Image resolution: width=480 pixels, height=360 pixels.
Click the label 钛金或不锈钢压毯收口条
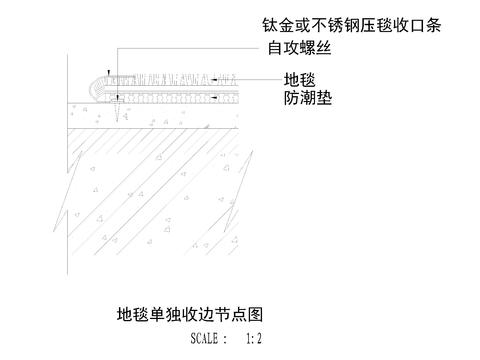point(351,24)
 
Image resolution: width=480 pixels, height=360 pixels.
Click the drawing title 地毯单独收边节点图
point(189,316)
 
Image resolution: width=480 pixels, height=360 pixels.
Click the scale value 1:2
point(253,339)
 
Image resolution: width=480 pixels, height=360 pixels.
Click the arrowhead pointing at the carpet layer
point(214,78)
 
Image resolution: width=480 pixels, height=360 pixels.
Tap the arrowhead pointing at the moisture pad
point(214,96)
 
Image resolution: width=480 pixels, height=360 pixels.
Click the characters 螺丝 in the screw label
point(319,47)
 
